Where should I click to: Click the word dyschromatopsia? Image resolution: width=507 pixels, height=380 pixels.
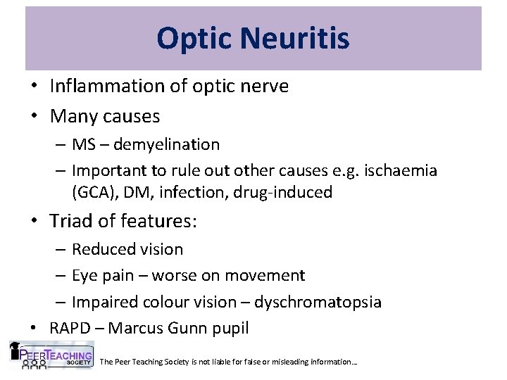(318, 302)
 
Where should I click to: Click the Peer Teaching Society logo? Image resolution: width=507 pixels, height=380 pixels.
(50, 355)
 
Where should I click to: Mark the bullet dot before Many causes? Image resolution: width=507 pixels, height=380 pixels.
(34, 115)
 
